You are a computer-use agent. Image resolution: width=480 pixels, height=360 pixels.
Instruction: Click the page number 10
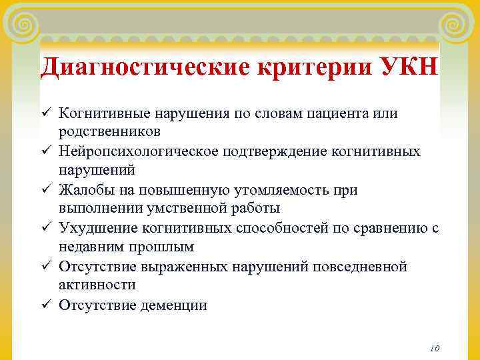coord(435,348)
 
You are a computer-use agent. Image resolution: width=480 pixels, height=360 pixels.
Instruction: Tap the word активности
coord(97,285)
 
